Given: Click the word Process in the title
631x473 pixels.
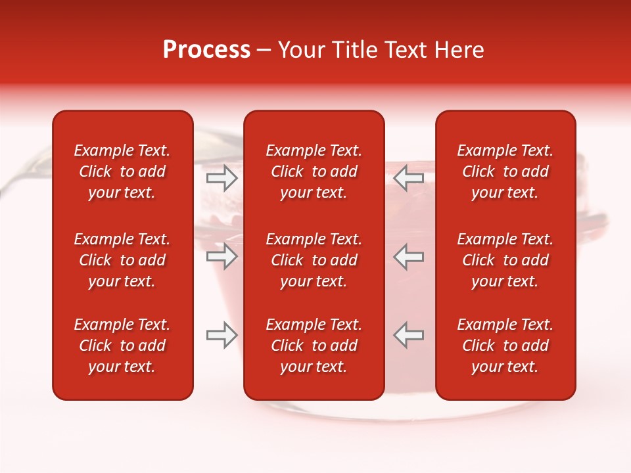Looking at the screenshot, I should click(x=206, y=50).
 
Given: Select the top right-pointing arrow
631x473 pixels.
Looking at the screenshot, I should click(x=222, y=178).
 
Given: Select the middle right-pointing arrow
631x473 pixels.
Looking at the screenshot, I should click(x=222, y=256).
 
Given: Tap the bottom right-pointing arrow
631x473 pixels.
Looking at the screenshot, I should click(x=222, y=335).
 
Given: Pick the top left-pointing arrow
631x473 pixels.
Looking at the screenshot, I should click(x=409, y=178).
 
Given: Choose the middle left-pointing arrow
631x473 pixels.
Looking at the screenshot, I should click(x=409, y=256).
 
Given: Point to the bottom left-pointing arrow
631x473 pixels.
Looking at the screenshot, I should click(x=409, y=335).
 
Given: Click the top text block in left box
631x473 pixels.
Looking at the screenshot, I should click(x=122, y=171).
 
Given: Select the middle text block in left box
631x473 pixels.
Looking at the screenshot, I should click(x=122, y=260).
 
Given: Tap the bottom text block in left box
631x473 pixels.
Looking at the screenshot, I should click(x=122, y=346).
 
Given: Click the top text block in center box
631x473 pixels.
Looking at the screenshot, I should click(x=314, y=171).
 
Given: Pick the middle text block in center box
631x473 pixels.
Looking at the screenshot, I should click(x=314, y=260).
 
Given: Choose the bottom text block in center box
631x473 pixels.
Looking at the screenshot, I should click(x=314, y=346).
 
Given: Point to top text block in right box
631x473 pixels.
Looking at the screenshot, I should click(x=505, y=171).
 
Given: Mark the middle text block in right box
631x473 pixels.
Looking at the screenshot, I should click(x=505, y=260).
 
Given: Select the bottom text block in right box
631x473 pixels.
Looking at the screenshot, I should click(x=505, y=346).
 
